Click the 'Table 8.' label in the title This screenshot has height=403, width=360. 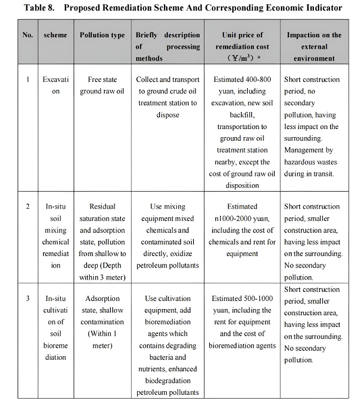click(39, 8)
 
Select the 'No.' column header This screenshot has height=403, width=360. click(27, 35)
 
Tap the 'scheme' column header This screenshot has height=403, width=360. click(56, 35)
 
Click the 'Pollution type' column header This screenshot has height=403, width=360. click(102, 35)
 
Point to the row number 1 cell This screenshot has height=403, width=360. click(28, 79)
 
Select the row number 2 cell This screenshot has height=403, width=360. click(28, 207)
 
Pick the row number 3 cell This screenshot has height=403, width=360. click(28, 299)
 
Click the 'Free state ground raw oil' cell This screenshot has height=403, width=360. click(102, 86)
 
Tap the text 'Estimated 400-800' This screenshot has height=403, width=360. click(242, 79)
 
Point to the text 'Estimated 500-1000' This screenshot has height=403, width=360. click(242, 299)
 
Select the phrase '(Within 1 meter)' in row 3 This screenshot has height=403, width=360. click(102, 340)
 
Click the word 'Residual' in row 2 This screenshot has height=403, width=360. click(102, 207)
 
